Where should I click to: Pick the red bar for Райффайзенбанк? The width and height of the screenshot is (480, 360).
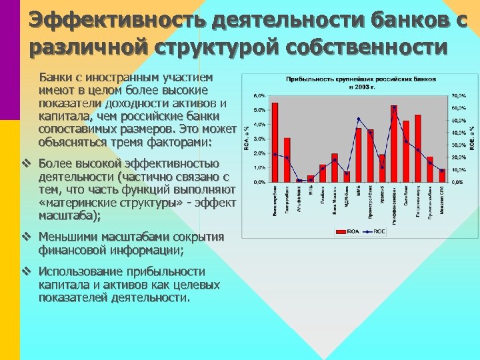(394, 143)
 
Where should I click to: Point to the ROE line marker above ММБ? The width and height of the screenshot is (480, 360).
(359, 119)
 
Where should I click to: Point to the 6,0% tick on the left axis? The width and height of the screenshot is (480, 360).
(259, 95)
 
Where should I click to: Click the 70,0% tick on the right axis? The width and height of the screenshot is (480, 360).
(459, 95)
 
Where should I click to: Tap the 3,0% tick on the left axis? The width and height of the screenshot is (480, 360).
(259, 139)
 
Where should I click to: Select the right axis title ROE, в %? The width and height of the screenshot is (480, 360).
(472, 137)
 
